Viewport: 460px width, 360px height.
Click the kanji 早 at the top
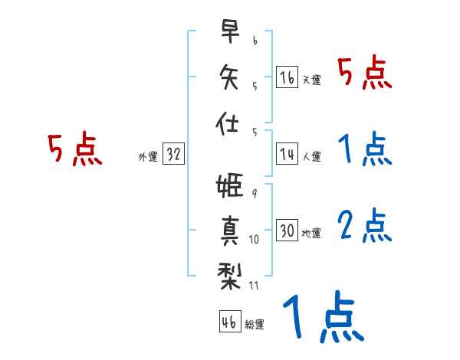point(229,32)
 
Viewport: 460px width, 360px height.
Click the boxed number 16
point(287,77)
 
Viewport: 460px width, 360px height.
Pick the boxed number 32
point(173,155)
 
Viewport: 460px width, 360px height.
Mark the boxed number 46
point(228,322)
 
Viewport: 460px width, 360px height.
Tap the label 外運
point(147,156)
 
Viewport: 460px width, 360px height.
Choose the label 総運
point(254,324)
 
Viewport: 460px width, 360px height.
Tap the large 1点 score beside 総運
point(322,318)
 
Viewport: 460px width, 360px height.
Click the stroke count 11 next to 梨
point(255,286)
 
